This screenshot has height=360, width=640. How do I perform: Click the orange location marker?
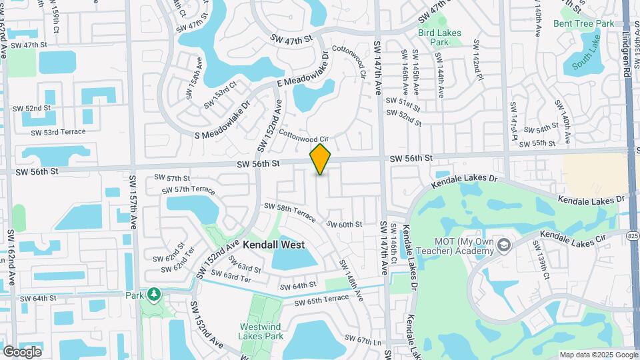pyautogui.click(x=321, y=159)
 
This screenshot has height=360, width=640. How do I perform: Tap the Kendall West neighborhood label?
pyautogui.click(x=273, y=245)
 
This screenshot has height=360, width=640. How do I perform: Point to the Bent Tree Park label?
pyautogui.click(x=583, y=23)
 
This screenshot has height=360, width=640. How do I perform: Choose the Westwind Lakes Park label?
pyautogui.click(x=261, y=331)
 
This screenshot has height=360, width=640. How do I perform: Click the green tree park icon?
pyautogui.click(x=154, y=294)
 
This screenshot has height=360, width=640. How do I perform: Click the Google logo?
pyautogui.click(x=22, y=351)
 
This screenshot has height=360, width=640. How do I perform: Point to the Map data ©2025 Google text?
pyautogui.click(x=598, y=355)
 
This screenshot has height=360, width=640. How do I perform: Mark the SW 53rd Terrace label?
pyautogui.click(x=58, y=132)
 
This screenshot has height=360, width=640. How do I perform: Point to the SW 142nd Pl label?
pyautogui.click(x=477, y=60)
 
